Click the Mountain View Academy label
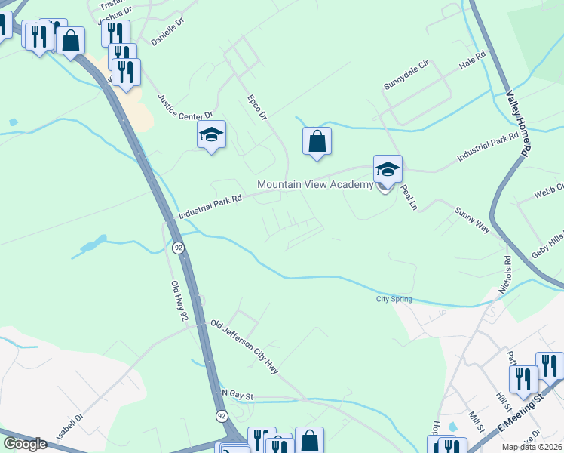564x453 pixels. tap(315, 184)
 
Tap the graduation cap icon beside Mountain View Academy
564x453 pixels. tap(388, 169)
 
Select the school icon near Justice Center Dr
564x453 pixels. tap(212, 136)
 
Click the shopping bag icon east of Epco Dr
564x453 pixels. tap(317, 140)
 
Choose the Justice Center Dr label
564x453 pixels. tap(185, 106)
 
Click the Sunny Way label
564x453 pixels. tap(473, 217)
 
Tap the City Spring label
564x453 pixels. tap(394, 300)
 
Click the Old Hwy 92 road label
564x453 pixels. tap(178, 298)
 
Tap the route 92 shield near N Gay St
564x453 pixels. tap(221, 416)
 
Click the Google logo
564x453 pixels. tap(25, 444)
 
